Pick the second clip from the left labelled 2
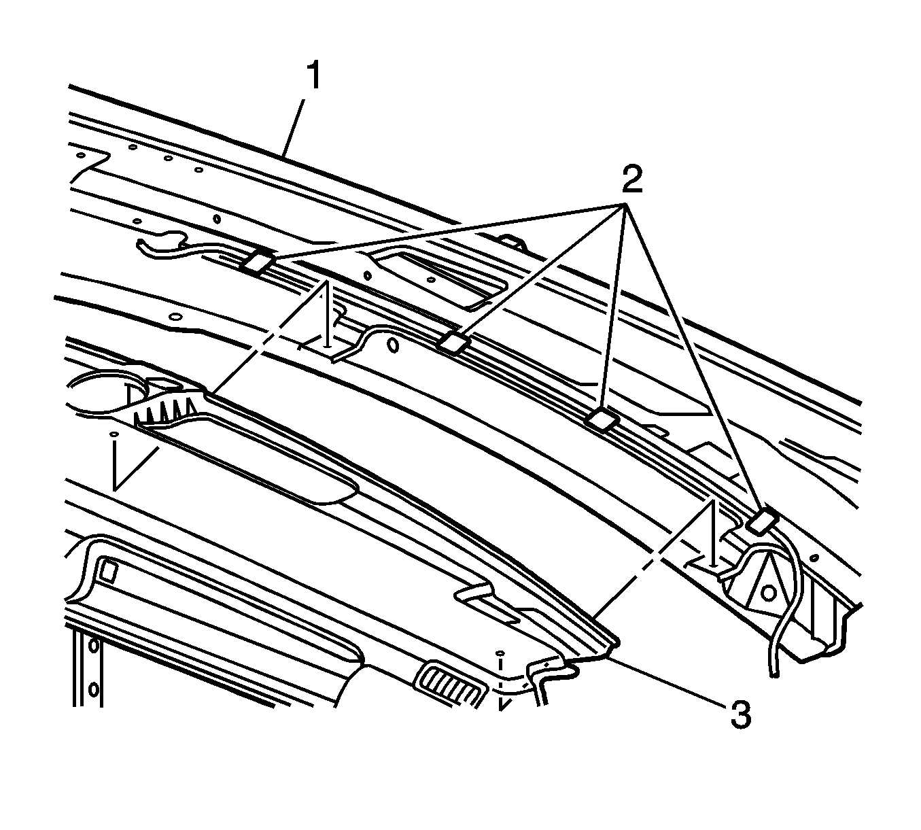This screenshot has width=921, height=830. coord(453,342)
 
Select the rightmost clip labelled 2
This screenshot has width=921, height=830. coord(763,521)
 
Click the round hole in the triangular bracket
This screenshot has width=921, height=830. coord(767,593)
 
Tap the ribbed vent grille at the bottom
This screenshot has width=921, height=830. coord(451,690)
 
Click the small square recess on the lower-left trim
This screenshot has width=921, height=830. coord(109,571)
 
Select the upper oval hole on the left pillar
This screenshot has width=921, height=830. coord(94,646)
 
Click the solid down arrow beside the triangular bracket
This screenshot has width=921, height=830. coord(712,534)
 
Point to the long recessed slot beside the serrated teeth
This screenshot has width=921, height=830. coord(248,460)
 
